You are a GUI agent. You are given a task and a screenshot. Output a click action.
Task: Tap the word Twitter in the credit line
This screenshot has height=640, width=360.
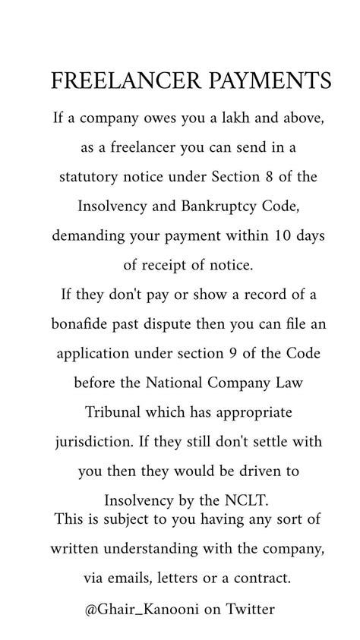click(249, 608)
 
